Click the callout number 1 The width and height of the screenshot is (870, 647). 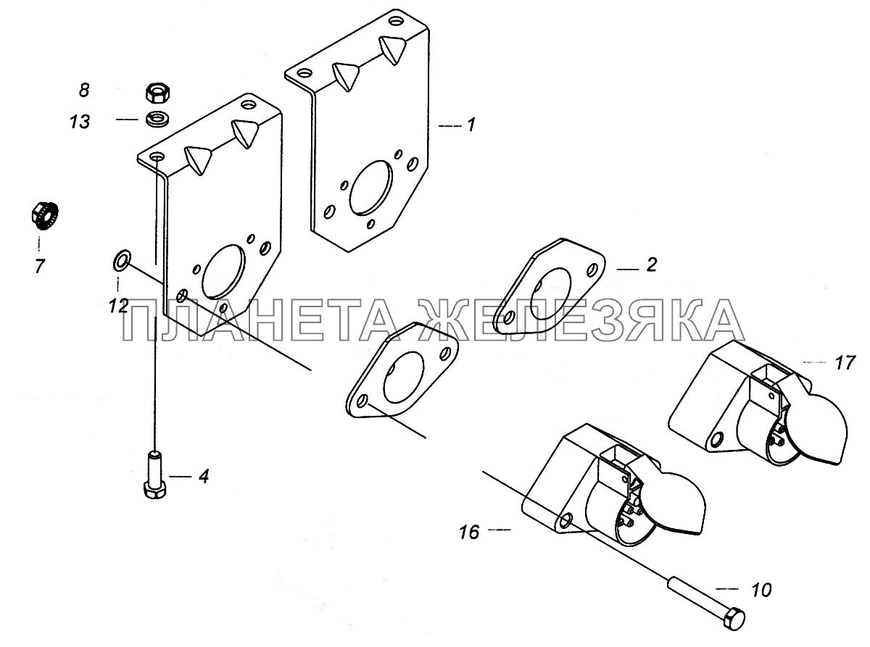[x=471, y=125]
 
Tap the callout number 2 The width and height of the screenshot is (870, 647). [x=651, y=265]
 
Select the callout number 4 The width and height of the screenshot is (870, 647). [x=203, y=477]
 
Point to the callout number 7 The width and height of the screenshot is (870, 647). [x=40, y=267]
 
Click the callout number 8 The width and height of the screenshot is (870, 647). [x=84, y=90]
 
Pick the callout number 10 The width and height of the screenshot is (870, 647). [x=761, y=601]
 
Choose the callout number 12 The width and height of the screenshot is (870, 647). [x=118, y=306]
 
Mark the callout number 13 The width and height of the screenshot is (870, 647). [x=80, y=122]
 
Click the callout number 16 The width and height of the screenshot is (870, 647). [x=469, y=533]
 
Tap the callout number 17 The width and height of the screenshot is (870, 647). [x=845, y=363]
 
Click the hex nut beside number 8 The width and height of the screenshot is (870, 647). [x=157, y=93]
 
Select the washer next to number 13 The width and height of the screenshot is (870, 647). [x=157, y=120]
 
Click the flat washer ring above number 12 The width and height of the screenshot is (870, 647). [x=122, y=259]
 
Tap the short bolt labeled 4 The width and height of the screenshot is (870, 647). [x=156, y=475]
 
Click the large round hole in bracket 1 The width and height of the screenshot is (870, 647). [x=370, y=188]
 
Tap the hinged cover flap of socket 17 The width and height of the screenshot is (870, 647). [x=819, y=430]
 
